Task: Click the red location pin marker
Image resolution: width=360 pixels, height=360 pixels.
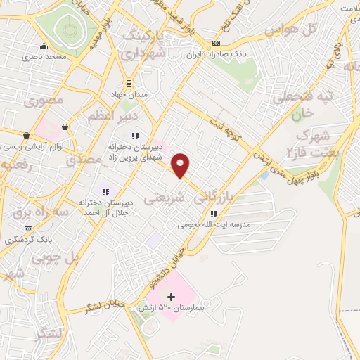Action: click(x=181, y=165)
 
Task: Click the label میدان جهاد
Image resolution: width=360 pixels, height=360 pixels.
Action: click(x=127, y=94)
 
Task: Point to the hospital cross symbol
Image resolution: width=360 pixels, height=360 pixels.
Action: click(x=171, y=297)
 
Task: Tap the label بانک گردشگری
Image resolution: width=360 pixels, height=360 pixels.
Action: click(x=29, y=239)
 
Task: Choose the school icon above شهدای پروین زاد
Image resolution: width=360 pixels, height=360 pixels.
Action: click(x=134, y=136)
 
